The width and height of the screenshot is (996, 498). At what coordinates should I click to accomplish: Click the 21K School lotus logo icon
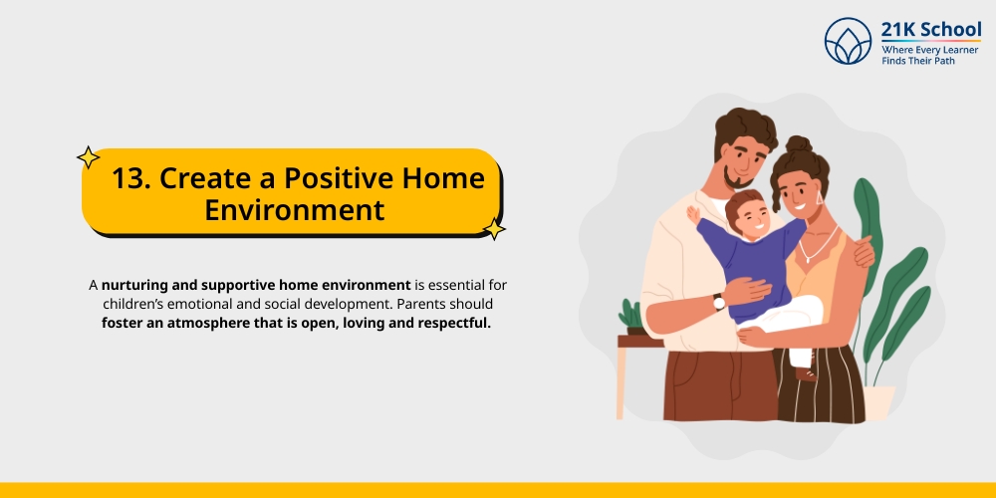pyautogui.click(x=848, y=41)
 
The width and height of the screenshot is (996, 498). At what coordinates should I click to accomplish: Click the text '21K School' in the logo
pyautogui.click(x=930, y=29)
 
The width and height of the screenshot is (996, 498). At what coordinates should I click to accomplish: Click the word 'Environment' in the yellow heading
pyautogui.click(x=294, y=210)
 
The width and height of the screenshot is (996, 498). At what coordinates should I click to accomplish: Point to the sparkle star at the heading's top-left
pyautogui.click(x=89, y=157)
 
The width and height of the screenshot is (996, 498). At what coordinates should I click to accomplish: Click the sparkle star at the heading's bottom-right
pyautogui.click(x=494, y=230)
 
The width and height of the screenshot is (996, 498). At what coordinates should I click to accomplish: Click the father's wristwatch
pyautogui.click(x=718, y=302)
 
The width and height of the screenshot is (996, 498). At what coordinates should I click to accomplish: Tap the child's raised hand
pyautogui.click(x=692, y=213)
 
